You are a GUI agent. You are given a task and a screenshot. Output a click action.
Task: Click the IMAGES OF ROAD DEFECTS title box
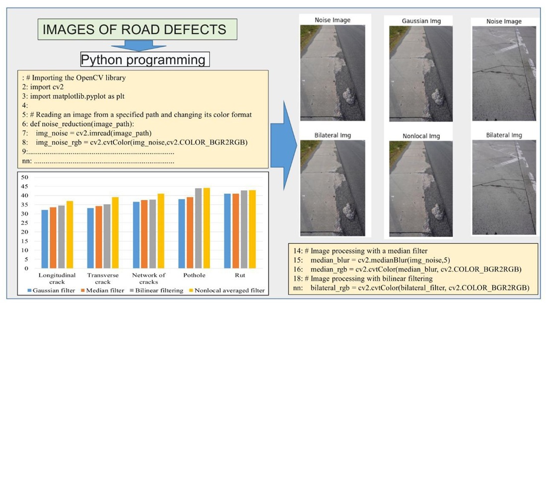coord(137,30)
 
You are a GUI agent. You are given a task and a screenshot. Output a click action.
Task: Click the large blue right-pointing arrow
coord(284,144)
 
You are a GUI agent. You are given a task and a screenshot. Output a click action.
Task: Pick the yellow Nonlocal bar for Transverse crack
coord(115,232)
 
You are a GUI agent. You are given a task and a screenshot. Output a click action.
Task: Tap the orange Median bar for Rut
coord(236,230)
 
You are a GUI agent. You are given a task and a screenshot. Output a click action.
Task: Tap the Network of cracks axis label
coord(149,278)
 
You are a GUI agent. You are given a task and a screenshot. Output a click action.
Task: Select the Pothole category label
coord(195,275)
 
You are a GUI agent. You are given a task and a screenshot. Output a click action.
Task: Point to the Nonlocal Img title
coord(421,136)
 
